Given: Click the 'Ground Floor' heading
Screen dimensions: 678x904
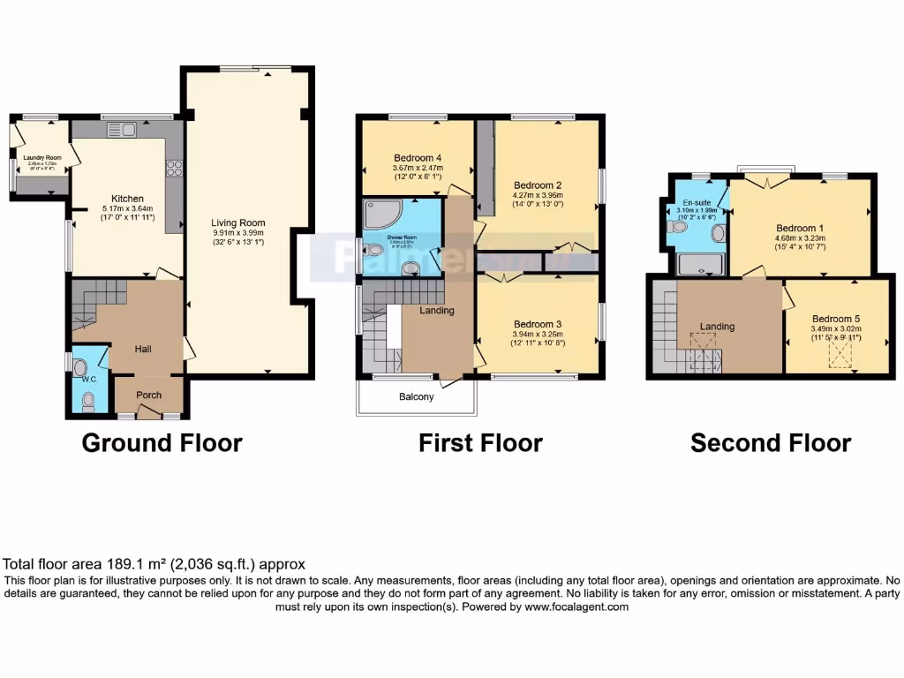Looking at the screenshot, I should click(162, 442).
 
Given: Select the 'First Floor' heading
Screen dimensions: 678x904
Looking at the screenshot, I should click(480, 442).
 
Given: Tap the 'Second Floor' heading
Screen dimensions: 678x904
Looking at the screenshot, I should click(771, 442).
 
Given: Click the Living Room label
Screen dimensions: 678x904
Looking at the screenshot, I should click(238, 223).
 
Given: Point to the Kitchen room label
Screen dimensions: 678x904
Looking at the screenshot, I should click(127, 199).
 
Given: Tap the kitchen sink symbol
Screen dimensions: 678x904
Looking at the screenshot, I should click(120, 131).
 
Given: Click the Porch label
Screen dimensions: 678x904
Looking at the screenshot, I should click(149, 395).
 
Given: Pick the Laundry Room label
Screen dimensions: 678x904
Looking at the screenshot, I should click(41, 157).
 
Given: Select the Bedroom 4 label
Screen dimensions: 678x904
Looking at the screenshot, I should click(417, 158).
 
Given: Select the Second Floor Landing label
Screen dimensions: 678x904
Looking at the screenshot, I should click(717, 327).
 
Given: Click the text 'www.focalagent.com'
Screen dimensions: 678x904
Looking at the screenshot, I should click(576, 607).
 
